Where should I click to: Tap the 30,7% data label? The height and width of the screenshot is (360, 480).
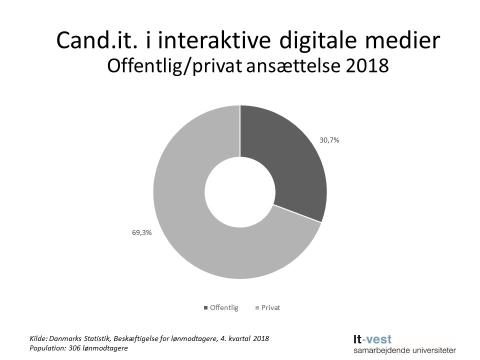pos(329,140)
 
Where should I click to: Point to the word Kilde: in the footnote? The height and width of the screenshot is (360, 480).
pos(40,338)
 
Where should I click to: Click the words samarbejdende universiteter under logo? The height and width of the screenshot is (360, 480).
pos(404,350)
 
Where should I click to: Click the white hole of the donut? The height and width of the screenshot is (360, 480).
pos(240,192)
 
